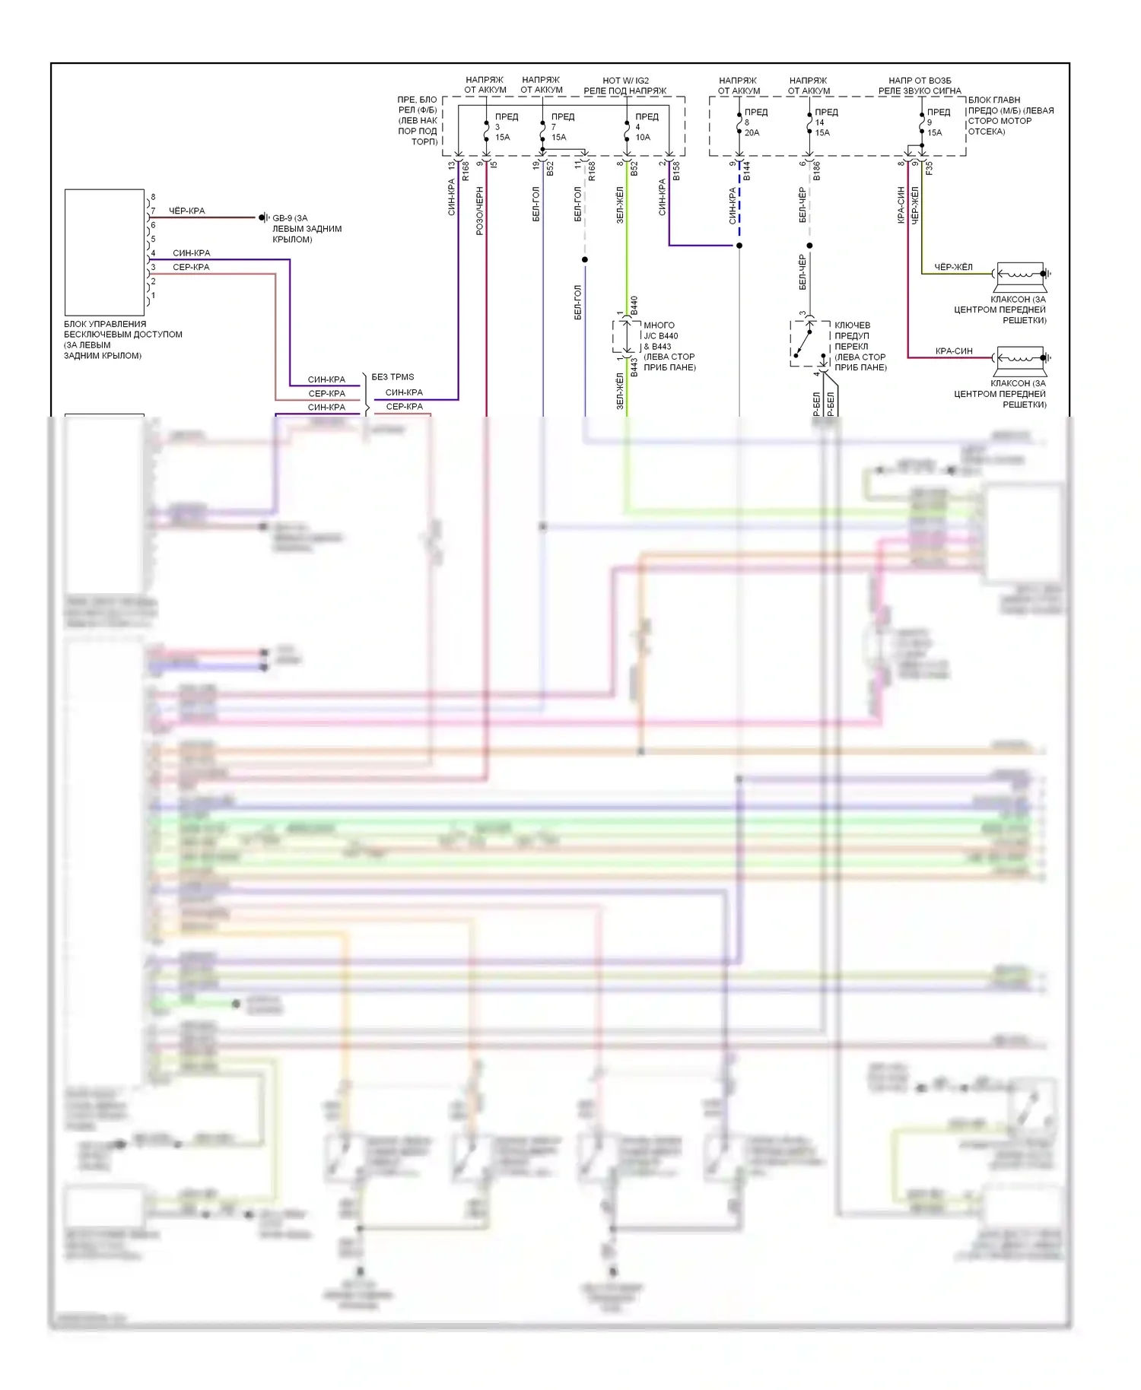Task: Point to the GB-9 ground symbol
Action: coord(263,217)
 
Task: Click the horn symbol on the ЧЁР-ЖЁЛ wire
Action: coord(1022,274)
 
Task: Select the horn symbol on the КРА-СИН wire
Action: coord(1022,357)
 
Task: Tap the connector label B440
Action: coord(634,306)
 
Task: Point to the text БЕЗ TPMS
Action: coord(393,377)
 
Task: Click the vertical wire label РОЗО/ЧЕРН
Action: coord(480,211)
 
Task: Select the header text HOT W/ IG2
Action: coord(625,81)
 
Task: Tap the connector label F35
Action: coord(929,168)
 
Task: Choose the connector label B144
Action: coord(747,171)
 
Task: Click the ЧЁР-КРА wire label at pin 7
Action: coord(186,211)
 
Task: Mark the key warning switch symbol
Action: coord(809,343)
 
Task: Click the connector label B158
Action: coord(676,171)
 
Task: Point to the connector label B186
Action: coord(817,171)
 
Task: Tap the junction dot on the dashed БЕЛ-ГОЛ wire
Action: coord(585,260)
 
